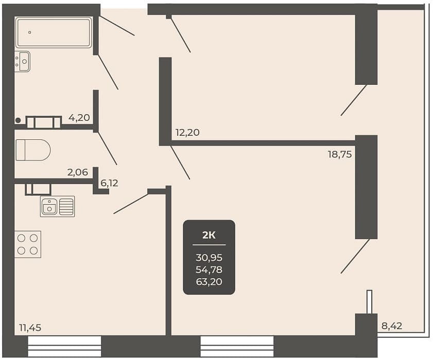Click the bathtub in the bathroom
point(54,32)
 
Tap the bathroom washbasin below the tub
point(22,61)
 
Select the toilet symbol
point(33,150)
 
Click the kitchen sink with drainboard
point(58,206)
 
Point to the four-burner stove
point(28,244)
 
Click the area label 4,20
point(79,118)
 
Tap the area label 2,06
point(78,172)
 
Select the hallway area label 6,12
point(110,183)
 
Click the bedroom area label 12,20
point(187,132)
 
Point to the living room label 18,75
point(340,154)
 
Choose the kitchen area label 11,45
point(30,328)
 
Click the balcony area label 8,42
point(392,326)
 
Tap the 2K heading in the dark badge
point(209,236)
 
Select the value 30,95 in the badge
point(209,258)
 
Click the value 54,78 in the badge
point(209,269)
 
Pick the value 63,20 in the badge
point(209,282)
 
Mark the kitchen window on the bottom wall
point(65,347)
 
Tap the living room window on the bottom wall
point(237,347)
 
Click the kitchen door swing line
point(131,204)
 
